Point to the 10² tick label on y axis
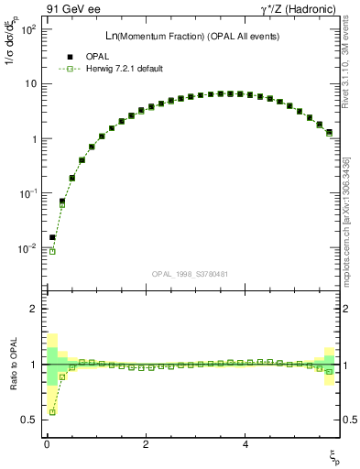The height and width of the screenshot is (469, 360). coord(27,29)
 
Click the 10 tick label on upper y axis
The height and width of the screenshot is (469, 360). coord(29,84)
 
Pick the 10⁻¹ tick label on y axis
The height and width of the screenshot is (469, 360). coord(27,194)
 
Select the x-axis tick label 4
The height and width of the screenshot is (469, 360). coord(245,443)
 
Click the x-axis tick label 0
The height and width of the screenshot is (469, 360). coord(47,443)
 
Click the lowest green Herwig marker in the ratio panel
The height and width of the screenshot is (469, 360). coord(52,412)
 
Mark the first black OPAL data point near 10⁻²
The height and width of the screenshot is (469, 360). coord(52,237)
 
